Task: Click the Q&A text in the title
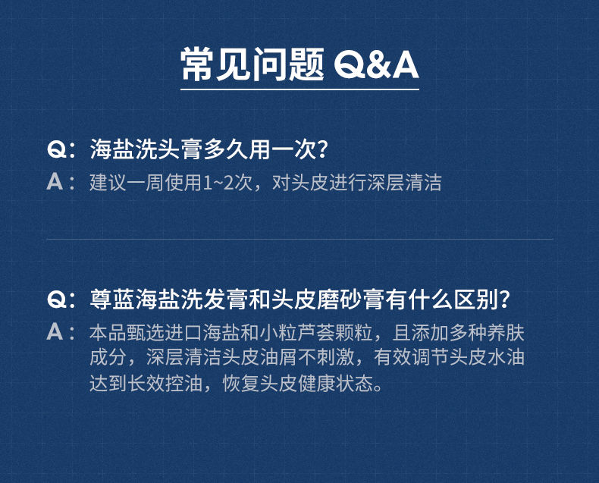376,64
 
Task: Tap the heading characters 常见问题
252,64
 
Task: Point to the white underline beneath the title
300,89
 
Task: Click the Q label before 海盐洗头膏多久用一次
57,149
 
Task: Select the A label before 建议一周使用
55,181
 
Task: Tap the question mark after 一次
323,149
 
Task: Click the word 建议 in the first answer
108,182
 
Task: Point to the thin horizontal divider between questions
300,239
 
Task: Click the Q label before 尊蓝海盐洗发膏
57,299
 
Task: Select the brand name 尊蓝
112,299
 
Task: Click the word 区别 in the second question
476,299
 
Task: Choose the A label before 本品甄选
55,331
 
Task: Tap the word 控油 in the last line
183,383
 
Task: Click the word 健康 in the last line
316,383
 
